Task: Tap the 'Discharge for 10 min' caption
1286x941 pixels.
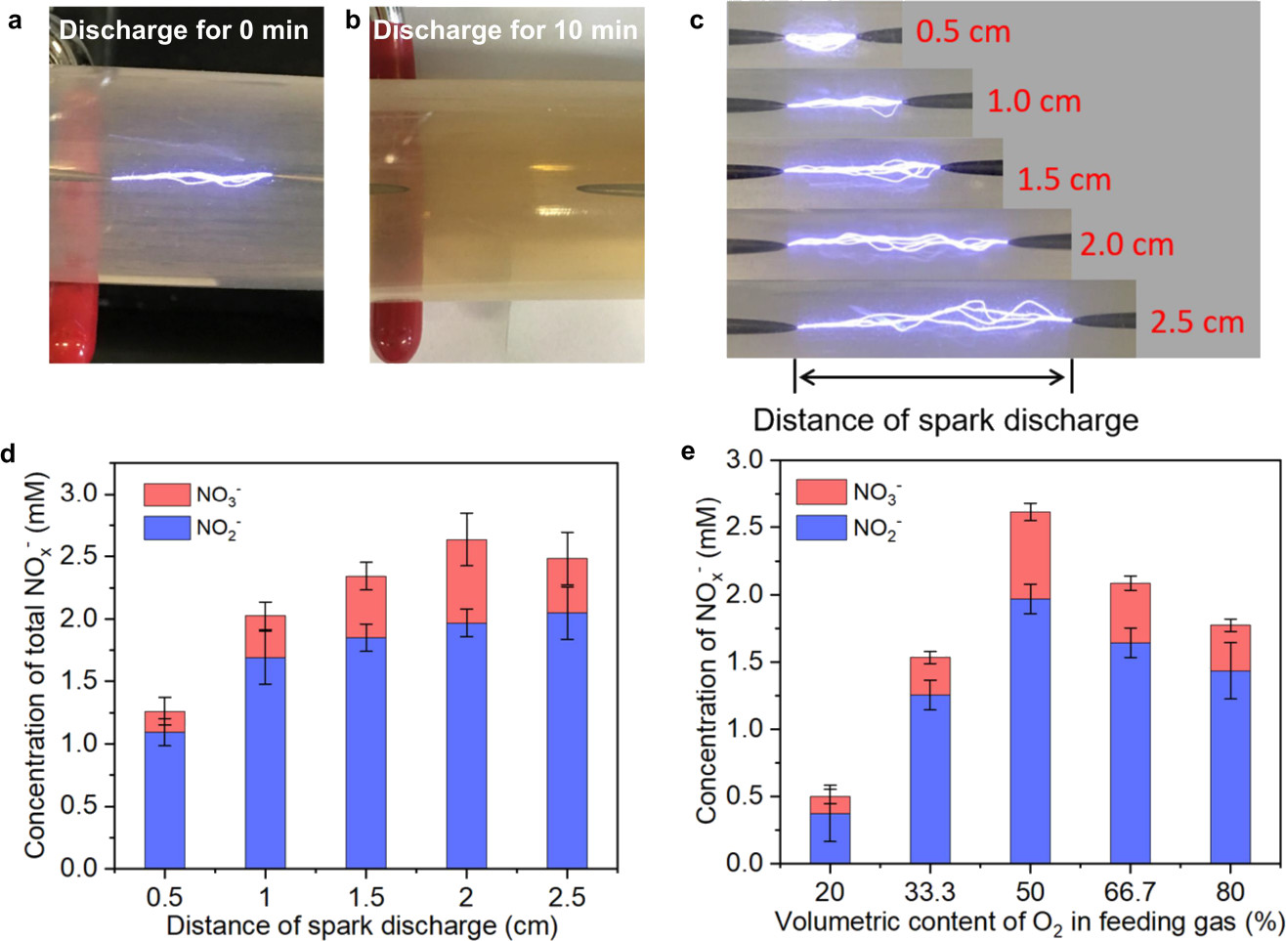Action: point(504,30)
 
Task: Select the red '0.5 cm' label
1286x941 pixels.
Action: point(963,32)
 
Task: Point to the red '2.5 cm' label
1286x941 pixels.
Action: point(1197,322)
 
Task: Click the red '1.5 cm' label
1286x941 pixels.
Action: point(1064,180)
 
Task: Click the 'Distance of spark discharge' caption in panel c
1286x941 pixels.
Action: point(945,420)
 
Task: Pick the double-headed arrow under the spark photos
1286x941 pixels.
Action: point(933,375)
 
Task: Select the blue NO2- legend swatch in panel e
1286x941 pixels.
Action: point(821,529)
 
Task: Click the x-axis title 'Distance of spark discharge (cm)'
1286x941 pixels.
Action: point(362,923)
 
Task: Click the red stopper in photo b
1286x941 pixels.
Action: point(395,322)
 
